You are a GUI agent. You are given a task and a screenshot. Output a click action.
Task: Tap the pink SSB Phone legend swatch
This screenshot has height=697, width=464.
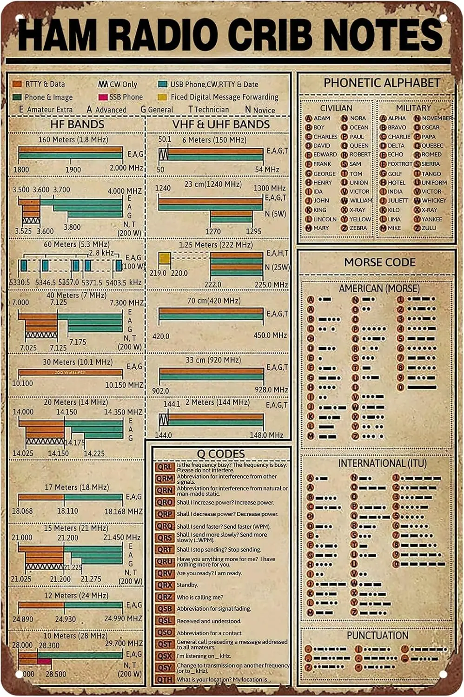click(103, 97)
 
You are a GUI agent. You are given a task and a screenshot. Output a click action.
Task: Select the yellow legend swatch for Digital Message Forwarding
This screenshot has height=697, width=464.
click(162, 97)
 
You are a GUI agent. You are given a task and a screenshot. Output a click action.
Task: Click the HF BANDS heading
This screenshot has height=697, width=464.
click(77, 124)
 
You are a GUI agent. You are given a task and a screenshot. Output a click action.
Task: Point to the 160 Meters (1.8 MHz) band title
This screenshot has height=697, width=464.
click(73, 139)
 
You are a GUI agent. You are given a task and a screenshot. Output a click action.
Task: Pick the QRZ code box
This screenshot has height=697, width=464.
click(165, 597)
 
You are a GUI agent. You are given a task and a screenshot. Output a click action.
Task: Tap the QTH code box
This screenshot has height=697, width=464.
click(165, 679)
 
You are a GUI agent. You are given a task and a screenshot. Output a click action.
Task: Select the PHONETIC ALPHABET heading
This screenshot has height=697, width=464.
click(382, 83)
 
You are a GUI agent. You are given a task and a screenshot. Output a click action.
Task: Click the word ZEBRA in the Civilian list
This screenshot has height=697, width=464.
click(358, 228)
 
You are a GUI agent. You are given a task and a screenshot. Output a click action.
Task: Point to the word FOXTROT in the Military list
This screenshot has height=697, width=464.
click(400, 164)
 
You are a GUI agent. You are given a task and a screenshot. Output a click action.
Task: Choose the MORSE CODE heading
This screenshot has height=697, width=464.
click(379, 263)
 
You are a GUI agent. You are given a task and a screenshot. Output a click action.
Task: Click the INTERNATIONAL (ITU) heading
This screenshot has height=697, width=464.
click(382, 463)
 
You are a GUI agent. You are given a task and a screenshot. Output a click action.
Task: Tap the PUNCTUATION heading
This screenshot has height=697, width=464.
click(378, 635)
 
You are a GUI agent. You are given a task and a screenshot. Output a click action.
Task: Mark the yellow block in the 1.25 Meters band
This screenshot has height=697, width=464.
click(165, 258)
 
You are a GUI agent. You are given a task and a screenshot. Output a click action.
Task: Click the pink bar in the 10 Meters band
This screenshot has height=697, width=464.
click(45, 661)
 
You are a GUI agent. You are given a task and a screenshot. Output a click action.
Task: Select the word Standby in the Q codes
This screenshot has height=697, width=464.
click(187, 585)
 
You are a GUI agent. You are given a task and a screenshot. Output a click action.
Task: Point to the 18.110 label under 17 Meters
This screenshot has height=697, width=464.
click(67, 511)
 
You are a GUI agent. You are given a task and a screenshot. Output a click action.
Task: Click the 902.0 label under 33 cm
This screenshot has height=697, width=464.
click(160, 391)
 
